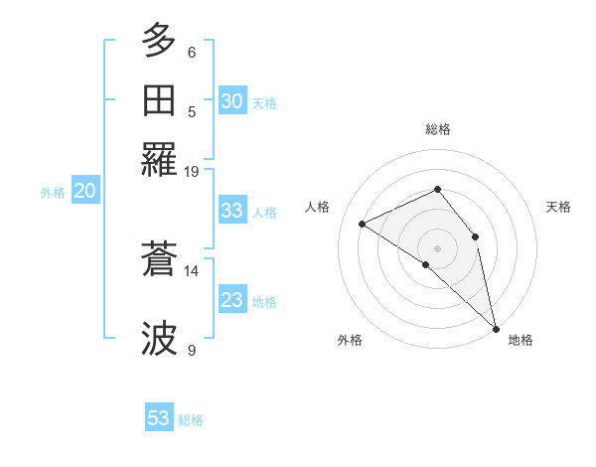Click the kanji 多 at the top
(x=160, y=42)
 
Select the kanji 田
(x=160, y=100)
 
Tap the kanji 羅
(x=160, y=158)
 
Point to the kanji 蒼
(x=160, y=260)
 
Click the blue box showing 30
(x=231, y=101)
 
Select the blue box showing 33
(x=231, y=211)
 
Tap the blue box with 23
(x=231, y=300)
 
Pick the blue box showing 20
(x=84, y=192)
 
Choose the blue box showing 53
(x=159, y=418)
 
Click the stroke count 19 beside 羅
(x=192, y=171)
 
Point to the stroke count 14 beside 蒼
(x=192, y=270)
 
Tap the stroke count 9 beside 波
(x=192, y=350)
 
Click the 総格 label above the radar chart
(x=437, y=129)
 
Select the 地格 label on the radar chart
(x=521, y=340)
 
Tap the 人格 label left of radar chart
(x=318, y=207)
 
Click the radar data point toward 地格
(x=496, y=328)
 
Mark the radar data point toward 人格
(x=363, y=225)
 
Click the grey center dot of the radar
(x=437, y=247)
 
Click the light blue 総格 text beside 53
(x=191, y=420)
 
